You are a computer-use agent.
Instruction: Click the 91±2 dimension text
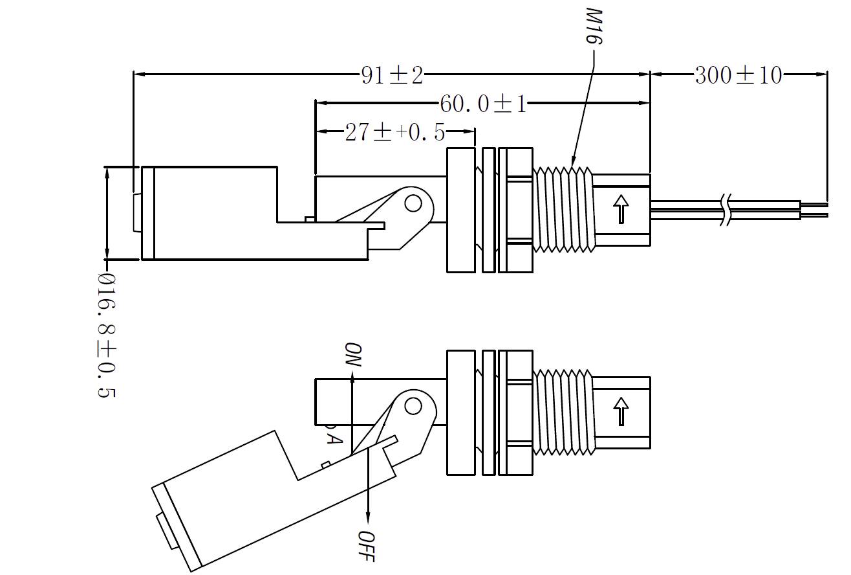(x=392, y=76)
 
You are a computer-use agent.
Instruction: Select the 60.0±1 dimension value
(x=483, y=104)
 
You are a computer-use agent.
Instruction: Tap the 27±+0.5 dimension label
(x=394, y=133)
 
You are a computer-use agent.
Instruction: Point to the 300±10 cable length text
(x=738, y=76)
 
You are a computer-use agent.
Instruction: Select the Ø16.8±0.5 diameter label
(x=106, y=335)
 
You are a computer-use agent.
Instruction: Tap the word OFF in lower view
(x=367, y=545)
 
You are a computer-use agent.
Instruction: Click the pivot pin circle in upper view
(x=413, y=204)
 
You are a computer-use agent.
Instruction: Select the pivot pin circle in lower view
(x=413, y=406)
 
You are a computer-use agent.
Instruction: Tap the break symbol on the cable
(x=727, y=209)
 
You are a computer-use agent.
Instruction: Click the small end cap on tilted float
(x=167, y=530)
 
